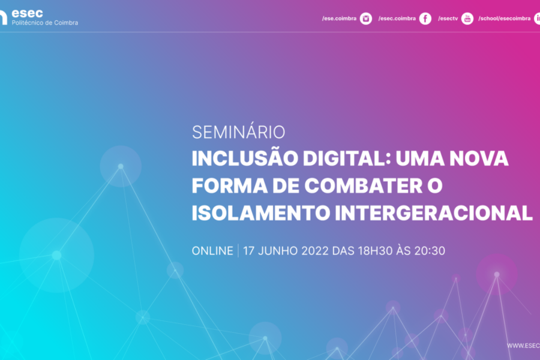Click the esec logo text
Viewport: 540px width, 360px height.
tap(27, 13)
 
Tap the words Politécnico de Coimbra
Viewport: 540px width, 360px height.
tap(45, 22)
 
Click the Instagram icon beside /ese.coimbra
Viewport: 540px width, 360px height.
tap(366, 19)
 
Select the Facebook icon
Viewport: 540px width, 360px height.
tap(425, 19)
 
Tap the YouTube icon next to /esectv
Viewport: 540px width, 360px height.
tap(467, 19)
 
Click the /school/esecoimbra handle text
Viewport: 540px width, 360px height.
tap(504, 19)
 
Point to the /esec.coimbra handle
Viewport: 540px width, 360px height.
tap(397, 19)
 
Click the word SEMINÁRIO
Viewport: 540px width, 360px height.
tap(238, 132)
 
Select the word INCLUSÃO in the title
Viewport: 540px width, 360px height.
tap(244, 158)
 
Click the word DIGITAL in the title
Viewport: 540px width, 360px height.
tap(346, 158)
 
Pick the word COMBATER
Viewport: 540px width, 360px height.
tap(363, 186)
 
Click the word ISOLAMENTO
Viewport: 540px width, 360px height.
tap(261, 213)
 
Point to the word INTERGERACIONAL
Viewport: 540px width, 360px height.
tap(433, 213)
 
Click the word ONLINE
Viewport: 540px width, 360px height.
tap(212, 250)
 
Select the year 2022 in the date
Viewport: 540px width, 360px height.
tap(315, 250)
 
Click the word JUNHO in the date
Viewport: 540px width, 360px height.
tap(278, 250)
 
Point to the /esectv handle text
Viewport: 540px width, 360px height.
tap(448, 19)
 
